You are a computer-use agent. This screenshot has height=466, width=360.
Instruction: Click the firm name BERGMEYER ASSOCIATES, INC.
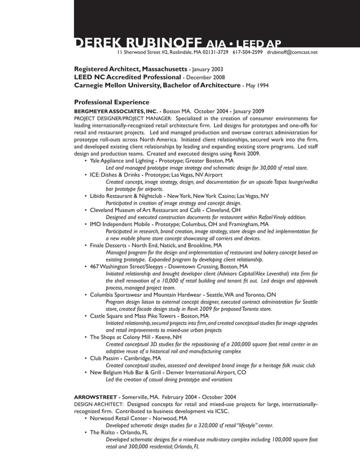coord(116,111)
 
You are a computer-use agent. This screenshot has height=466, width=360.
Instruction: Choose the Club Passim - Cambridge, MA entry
coord(125,358)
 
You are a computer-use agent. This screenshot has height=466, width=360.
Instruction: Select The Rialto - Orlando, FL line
coord(118,432)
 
